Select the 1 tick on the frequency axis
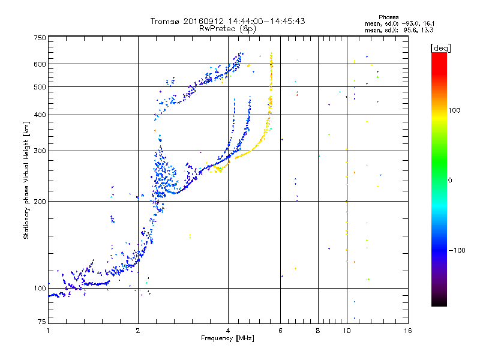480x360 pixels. pyautogui.click(x=48, y=331)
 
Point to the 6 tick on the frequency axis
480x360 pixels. pyautogui.click(x=280, y=331)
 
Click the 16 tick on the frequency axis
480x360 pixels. pyautogui.click(x=407, y=331)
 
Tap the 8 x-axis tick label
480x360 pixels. pyautogui.click(x=318, y=331)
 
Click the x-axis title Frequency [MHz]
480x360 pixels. pyautogui.click(x=227, y=338)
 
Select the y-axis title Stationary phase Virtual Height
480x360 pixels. pyautogui.click(x=26, y=180)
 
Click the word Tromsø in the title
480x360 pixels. pyautogui.click(x=166, y=21)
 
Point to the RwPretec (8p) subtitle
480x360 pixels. pyautogui.click(x=227, y=28)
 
